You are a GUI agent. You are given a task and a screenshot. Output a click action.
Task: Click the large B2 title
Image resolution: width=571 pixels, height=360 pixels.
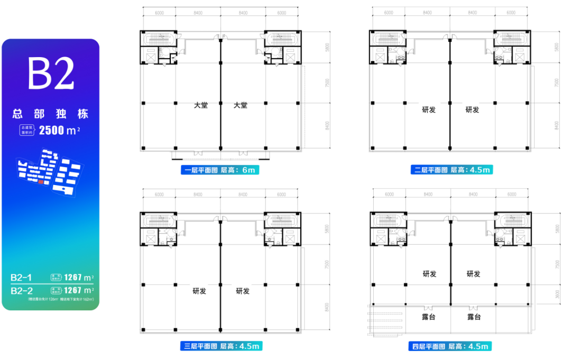point(51,74)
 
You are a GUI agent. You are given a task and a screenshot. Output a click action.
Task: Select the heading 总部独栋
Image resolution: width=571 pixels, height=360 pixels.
point(51,114)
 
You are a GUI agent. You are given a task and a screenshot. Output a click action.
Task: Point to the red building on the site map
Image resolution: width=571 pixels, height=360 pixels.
point(41,181)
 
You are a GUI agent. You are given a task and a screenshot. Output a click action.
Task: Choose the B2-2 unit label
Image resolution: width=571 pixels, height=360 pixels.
point(22,290)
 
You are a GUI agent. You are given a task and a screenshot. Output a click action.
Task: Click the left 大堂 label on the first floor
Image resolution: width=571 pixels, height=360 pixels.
point(200,106)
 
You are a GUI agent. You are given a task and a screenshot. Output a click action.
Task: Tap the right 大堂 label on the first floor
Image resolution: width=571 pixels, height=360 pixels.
point(241,106)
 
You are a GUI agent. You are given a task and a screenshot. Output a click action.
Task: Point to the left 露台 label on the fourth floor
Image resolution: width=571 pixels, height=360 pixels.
point(429,317)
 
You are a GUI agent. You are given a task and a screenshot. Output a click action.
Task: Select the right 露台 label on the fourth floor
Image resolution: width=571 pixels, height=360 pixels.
point(474,317)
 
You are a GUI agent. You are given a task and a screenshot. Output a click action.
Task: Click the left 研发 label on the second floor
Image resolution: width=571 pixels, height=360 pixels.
point(429,110)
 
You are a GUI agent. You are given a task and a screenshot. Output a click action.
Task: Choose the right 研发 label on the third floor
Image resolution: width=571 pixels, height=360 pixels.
point(243,291)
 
